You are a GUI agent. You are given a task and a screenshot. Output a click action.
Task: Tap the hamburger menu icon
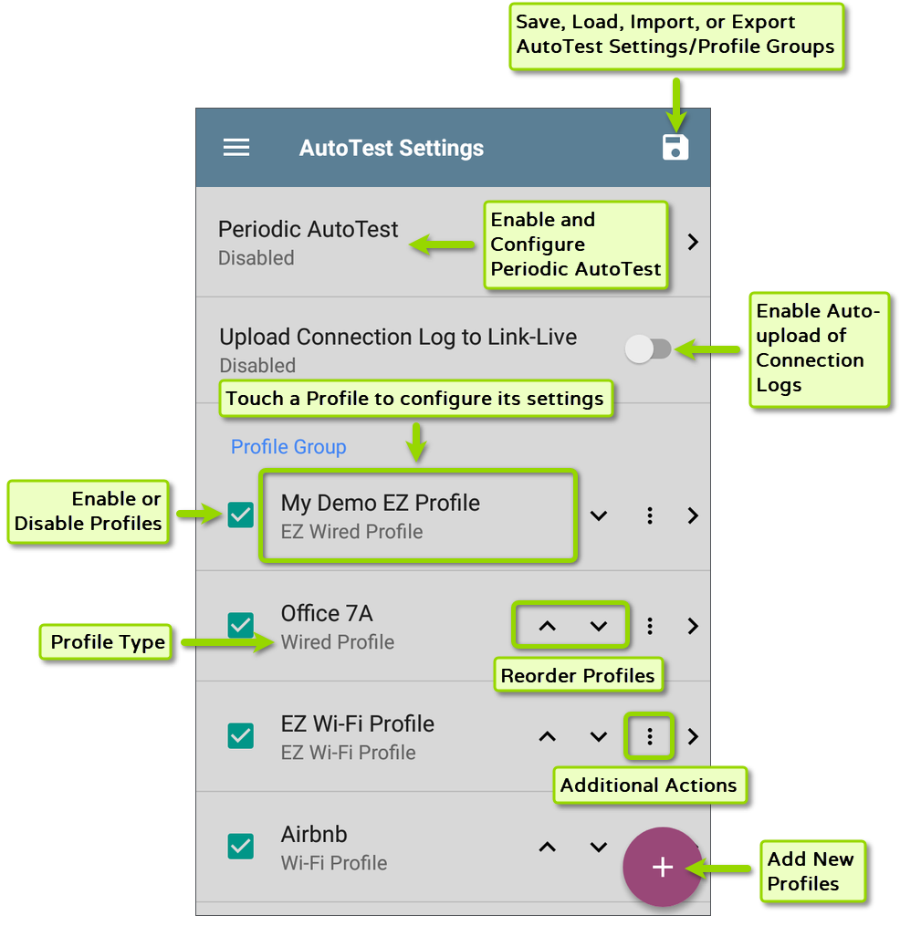point(236,148)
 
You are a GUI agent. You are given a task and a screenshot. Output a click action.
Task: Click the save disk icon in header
point(675,148)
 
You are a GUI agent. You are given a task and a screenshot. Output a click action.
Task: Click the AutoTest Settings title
point(392,148)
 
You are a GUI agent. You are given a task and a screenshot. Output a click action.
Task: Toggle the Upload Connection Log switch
point(648,349)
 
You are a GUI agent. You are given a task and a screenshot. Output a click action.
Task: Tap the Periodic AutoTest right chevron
point(693,243)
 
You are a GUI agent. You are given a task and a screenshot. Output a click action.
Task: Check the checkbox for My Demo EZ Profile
point(240,515)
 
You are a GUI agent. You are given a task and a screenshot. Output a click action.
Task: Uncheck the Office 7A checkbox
point(240,626)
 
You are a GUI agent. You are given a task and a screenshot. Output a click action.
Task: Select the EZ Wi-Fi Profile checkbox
point(240,736)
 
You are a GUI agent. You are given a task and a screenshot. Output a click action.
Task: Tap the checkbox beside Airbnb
point(240,847)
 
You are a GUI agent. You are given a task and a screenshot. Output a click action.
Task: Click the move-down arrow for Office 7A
point(599,626)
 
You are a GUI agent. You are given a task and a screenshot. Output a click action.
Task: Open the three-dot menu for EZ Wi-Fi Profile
point(650,736)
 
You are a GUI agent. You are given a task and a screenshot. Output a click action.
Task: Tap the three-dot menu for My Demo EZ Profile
point(650,515)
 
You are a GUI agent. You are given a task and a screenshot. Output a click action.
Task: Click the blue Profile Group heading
point(288,447)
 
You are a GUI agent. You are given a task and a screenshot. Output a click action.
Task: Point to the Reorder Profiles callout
point(578,676)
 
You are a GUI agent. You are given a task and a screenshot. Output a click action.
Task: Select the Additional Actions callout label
point(648,786)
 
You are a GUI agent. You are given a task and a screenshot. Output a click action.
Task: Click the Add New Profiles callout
point(811,871)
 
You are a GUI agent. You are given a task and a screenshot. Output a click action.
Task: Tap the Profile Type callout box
point(108,642)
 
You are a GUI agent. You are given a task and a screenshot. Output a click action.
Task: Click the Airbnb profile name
point(314,834)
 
